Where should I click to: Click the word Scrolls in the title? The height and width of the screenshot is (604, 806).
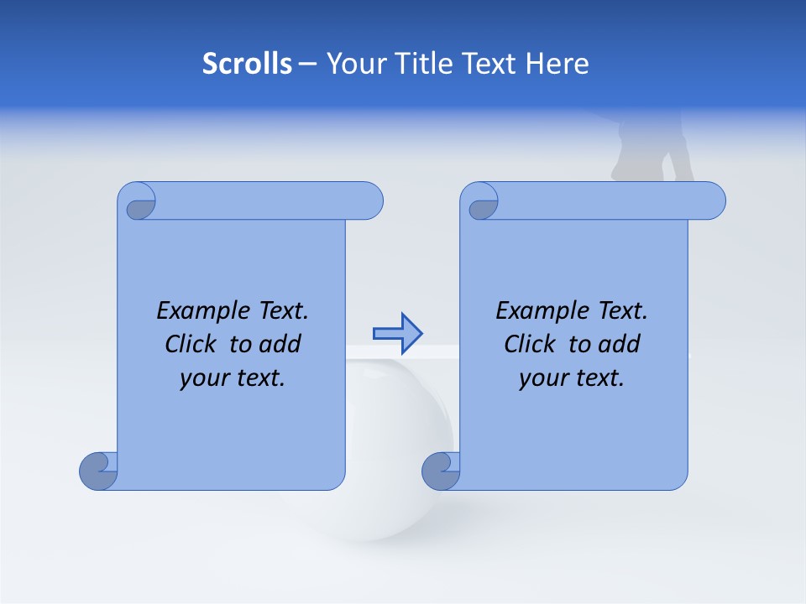tap(247, 63)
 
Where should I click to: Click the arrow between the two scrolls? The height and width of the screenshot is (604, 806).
tap(396, 334)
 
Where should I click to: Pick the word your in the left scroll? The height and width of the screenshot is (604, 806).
tap(203, 378)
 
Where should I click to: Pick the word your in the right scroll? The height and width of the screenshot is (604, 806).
tap(542, 378)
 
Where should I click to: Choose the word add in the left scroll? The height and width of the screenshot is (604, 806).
tap(280, 344)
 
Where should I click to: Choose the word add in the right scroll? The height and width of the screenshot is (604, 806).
tap(619, 344)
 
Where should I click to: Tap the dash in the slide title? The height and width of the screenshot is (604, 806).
tap(308, 64)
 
